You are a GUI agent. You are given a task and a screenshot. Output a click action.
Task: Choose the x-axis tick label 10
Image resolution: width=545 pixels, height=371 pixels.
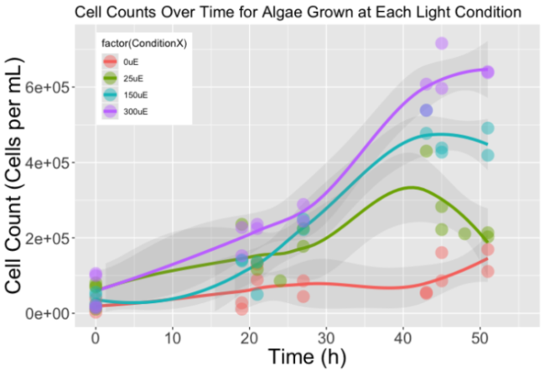[173, 335]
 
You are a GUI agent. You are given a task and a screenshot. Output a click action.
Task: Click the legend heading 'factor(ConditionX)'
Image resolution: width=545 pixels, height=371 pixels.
[140, 42]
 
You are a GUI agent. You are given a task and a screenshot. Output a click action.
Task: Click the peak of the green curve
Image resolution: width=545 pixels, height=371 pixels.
[410, 187]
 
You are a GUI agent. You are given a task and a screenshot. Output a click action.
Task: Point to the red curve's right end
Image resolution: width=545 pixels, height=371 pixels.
[487, 259]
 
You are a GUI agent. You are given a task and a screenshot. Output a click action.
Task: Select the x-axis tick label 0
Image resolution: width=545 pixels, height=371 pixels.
[96, 335]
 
